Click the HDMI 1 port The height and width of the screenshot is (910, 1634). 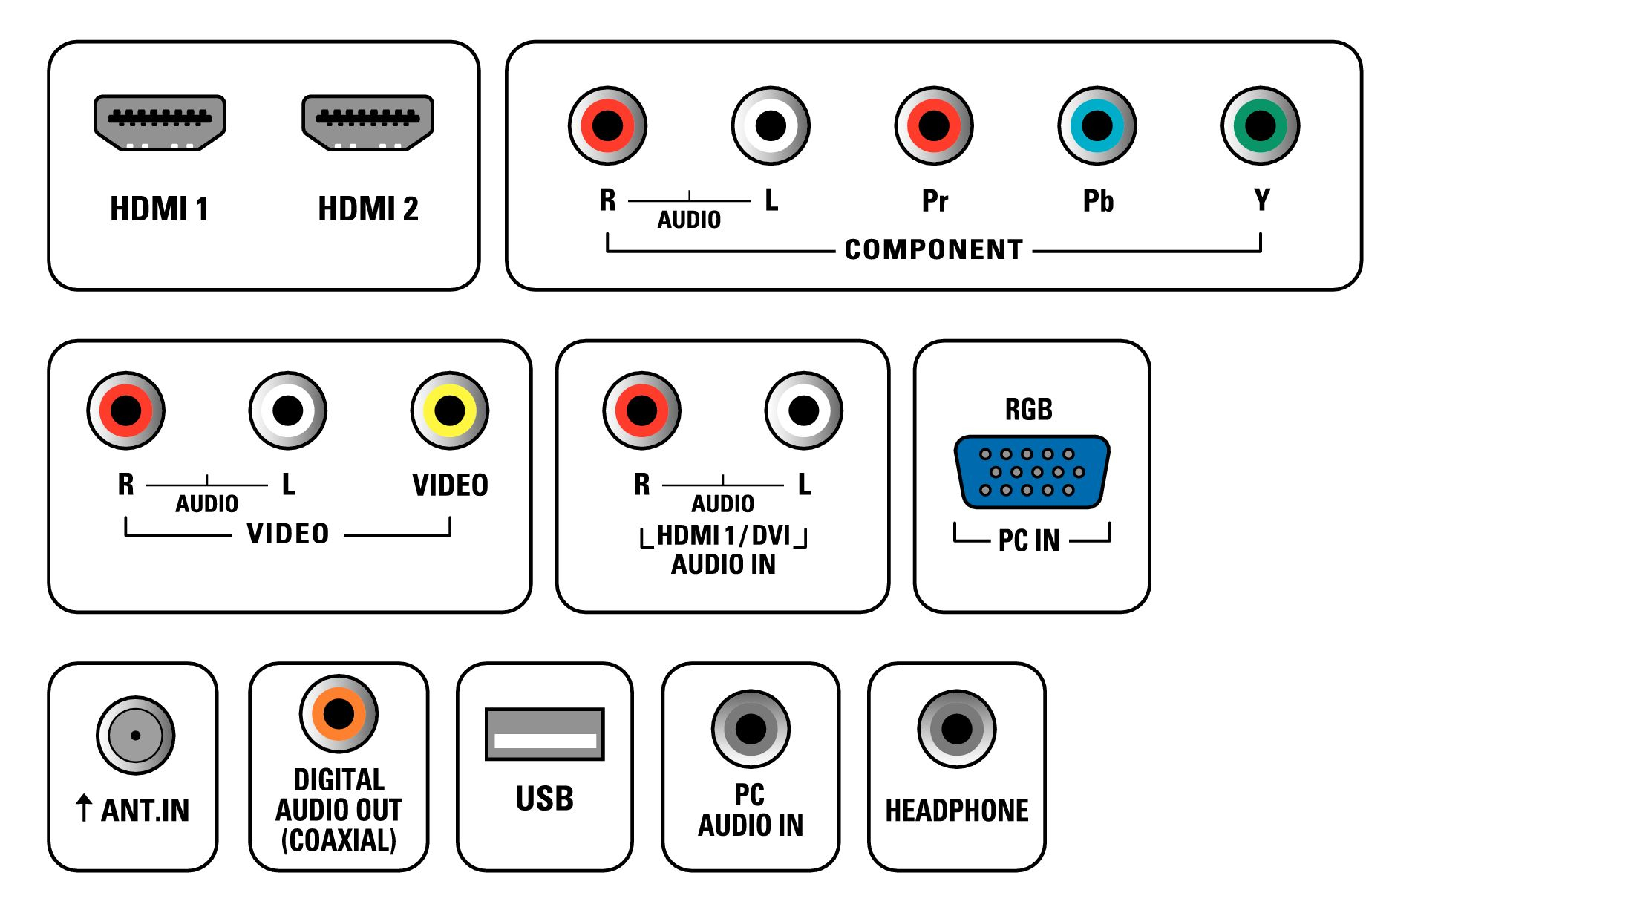160,123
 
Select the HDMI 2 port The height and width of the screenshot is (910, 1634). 367,123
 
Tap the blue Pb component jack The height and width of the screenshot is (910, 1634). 1097,125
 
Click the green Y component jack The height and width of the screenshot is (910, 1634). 1261,125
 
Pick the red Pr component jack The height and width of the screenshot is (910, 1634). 934,125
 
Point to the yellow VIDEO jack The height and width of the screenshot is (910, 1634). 450,410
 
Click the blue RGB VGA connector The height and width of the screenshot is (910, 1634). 1032,472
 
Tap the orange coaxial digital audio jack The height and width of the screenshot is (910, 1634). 339,714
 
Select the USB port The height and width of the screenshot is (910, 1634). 545,734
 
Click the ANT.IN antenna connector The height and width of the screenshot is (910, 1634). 136,736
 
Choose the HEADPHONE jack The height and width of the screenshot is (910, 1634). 957,729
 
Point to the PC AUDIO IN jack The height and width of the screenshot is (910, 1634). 751,729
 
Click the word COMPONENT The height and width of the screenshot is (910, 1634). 934,249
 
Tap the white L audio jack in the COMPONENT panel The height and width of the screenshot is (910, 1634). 771,125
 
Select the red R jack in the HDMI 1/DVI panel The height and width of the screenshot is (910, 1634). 642,410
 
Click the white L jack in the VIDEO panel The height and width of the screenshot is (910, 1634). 288,410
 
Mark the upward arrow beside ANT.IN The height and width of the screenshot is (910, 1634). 84,808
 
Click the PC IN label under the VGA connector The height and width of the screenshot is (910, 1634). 1029,540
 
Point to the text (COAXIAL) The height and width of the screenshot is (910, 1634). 339,840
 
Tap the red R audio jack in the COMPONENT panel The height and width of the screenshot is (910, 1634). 607,125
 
